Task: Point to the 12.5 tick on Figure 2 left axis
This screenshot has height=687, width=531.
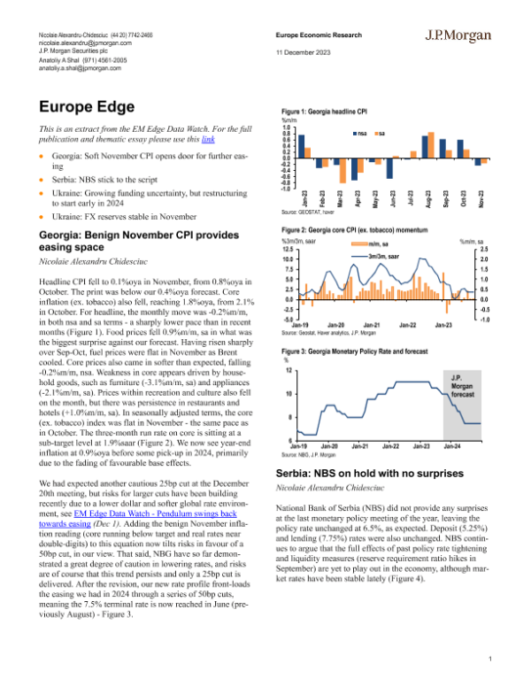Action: (x=289, y=249)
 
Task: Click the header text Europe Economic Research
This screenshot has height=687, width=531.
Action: (x=318, y=36)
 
